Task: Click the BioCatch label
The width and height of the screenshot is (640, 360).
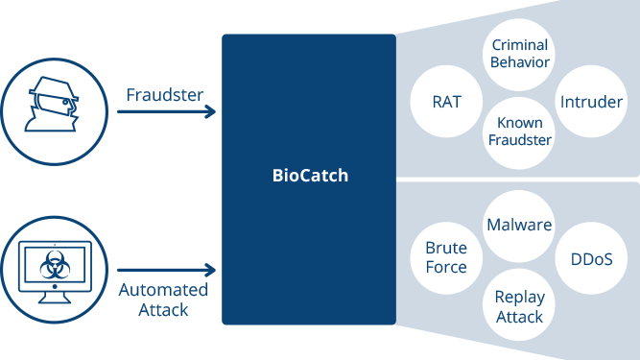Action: click(x=309, y=177)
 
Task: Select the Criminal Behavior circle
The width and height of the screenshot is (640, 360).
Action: click(x=519, y=54)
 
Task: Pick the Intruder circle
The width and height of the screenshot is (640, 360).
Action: click(x=590, y=101)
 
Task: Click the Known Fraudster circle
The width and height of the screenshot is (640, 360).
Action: click(x=519, y=132)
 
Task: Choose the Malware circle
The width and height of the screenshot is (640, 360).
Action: click(x=519, y=226)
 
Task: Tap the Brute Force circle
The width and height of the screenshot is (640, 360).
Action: click(x=446, y=257)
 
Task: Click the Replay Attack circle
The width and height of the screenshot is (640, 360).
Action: click(x=519, y=306)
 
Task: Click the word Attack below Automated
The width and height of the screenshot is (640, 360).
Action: click(x=163, y=310)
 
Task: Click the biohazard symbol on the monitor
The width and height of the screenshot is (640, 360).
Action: click(x=54, y=257)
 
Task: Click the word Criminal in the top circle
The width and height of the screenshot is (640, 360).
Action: click(x=519, y=45)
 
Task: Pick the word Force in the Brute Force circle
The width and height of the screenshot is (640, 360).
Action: click(x=446, y=267)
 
